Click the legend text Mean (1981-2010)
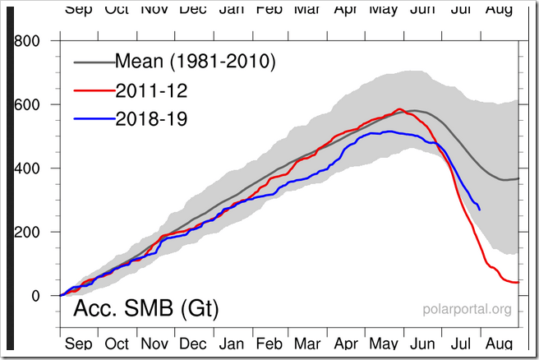click(194, 61)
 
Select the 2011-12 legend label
click(151, 90)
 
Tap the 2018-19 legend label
click(151, 119)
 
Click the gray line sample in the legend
click(92, 62)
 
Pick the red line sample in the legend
click(92, 90)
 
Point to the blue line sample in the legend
click(92, 120)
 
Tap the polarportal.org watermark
click(467, 310)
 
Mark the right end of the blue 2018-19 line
click(480, 210)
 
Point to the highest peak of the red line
click(399, 108)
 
